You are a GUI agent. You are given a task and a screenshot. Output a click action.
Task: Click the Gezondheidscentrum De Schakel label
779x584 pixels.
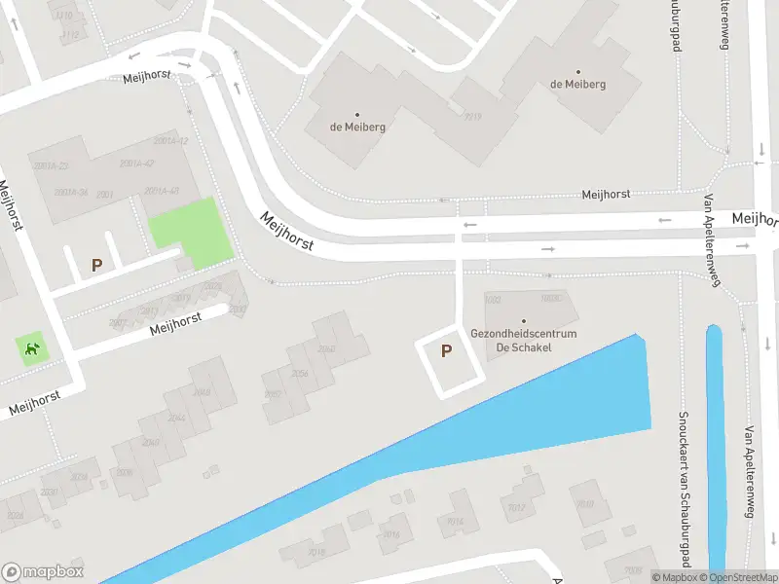coord(524,340)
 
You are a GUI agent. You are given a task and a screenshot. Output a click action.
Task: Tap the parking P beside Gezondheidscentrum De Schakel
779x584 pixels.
coord(447,351)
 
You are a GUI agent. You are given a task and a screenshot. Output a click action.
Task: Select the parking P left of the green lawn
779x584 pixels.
coord(96,264)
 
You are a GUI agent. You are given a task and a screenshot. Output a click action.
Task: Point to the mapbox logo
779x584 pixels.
coord(43,572)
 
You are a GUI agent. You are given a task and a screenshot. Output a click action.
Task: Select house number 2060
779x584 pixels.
coord(326,349)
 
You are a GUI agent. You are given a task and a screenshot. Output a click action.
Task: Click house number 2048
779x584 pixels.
coord(203,392)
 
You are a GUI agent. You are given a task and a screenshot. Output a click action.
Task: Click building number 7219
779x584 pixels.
coord(473,117)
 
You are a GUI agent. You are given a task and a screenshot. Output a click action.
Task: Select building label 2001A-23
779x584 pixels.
coord(51,166)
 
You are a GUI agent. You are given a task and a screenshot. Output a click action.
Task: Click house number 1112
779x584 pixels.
coord(70,34)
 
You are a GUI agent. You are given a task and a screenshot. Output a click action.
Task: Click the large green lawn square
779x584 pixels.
coord(191,232)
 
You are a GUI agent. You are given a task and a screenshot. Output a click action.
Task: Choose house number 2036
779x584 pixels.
coord(79,477)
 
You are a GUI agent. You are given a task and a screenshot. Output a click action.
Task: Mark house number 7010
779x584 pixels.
coord(585,504)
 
